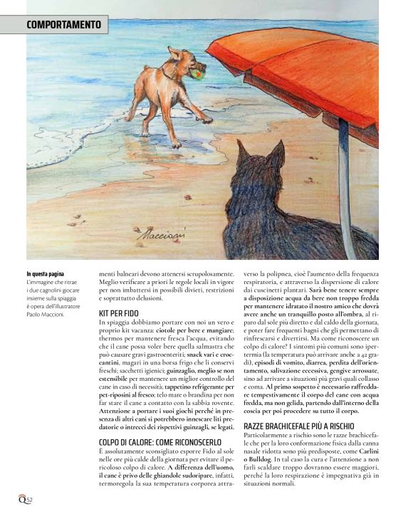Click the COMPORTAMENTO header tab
(x=63, y=25)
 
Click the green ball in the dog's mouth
(x=197, y=70)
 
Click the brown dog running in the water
(x=164, y=85)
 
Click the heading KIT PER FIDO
(x=117, y=313)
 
